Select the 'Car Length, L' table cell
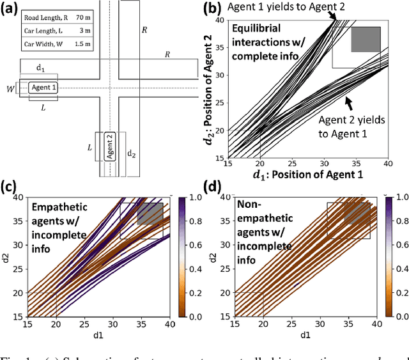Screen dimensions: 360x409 click(x=45, y=31)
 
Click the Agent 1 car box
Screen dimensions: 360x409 click(x=42, y=88)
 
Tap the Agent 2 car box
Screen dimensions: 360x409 click(x=110, y=149)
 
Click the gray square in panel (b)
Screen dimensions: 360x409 click(x=366, y=40)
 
